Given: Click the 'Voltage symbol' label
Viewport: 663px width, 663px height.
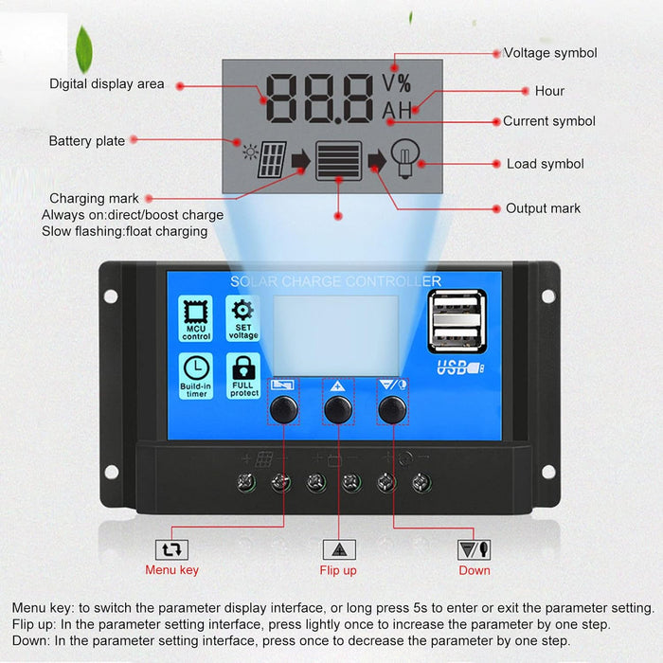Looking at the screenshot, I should (550, 53).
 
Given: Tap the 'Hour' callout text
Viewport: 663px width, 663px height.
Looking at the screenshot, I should (549, 91).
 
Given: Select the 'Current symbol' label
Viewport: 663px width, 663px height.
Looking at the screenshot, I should (549, 121).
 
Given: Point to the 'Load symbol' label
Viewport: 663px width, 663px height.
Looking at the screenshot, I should (545, 164).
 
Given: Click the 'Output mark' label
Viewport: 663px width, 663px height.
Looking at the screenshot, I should (543, 208).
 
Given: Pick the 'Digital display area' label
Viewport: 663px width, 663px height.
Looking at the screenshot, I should (107, 84).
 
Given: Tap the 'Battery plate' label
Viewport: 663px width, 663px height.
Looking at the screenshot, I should (87, 141).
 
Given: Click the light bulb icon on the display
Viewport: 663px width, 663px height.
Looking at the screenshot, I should (406, 159).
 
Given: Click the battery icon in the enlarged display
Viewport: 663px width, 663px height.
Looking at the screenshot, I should (339, 161).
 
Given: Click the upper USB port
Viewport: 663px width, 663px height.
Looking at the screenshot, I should (458, 311).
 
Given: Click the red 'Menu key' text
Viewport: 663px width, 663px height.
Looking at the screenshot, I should (172, 570).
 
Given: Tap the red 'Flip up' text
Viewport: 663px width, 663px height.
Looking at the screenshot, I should (338, 570).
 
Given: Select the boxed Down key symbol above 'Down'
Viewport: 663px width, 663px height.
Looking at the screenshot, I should (474, 548).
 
